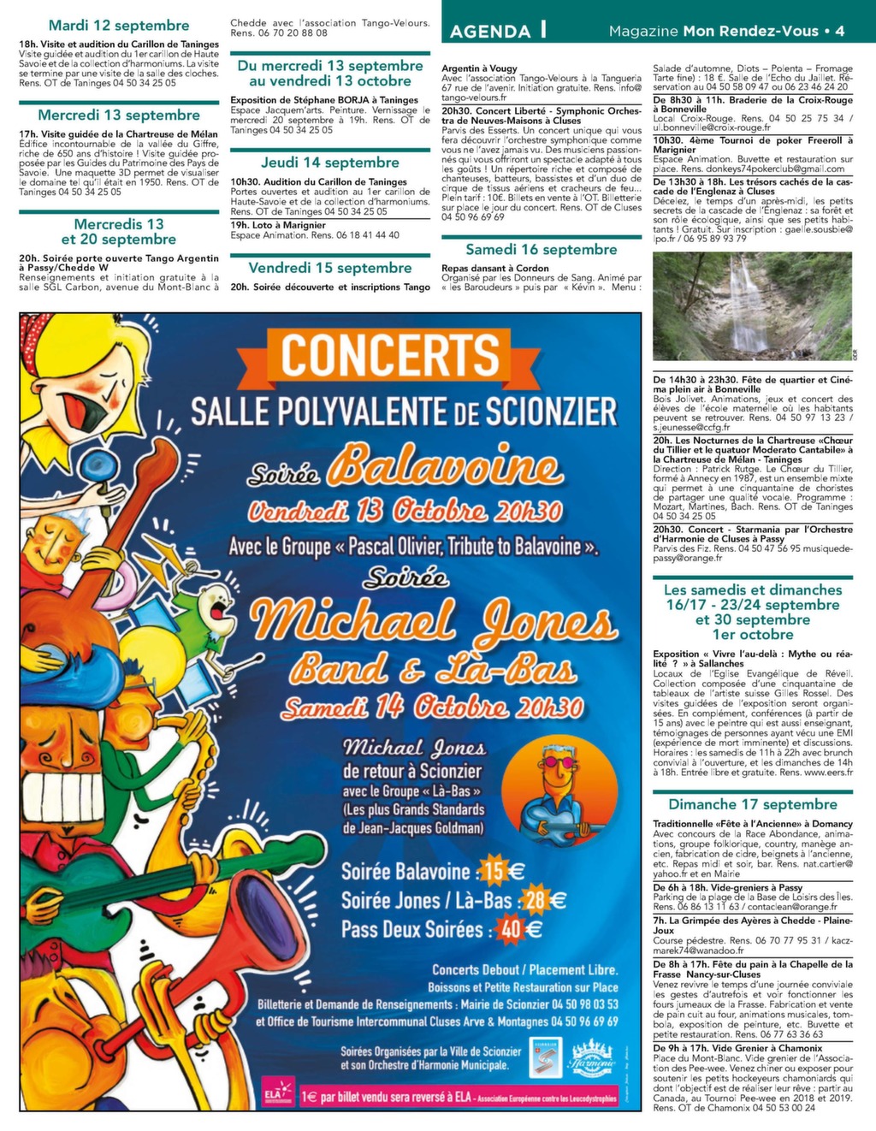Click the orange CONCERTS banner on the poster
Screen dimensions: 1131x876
pyautogui.click(x=390, y=356)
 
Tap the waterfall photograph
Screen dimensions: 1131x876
pyautogui.click(x=753, y=306)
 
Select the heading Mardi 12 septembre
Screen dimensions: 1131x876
pyautogui.click(x=119, y=26)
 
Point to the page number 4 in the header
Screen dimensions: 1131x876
pyautogui.click(x=839, y=31)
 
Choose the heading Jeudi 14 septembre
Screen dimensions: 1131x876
pyautogui.click(x=330, y=163)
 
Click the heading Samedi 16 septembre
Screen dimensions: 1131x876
pyautogui.click(x=541, y=250)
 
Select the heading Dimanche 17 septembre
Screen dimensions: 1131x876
pyautogui.click(x=753, y=804)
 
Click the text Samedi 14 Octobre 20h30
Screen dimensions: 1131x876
pyautogui.click(x=432, y=708)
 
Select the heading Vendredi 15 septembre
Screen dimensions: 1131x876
pyautogui.click(x=330, y=268)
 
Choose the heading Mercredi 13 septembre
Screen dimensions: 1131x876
pyautogui.click(x=119, y=115)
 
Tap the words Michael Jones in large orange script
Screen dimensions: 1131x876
pyautogui.click(x=435, y=621)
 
